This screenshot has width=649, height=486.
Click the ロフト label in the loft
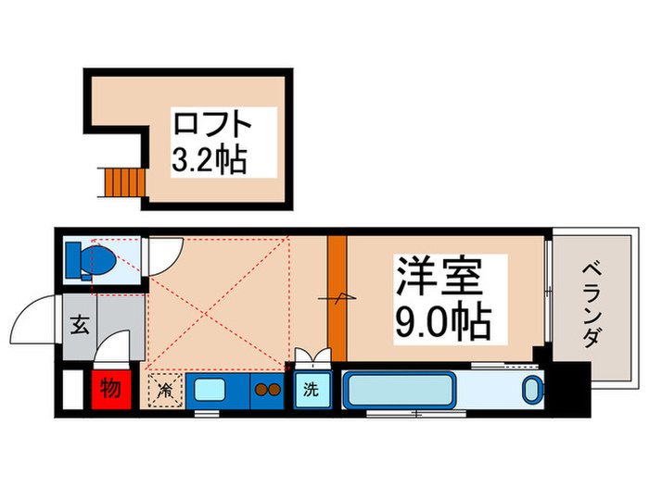223,124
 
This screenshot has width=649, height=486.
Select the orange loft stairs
120,182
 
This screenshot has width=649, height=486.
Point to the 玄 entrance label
80,325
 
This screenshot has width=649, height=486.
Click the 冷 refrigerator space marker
164,389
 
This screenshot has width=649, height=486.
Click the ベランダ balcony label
592,306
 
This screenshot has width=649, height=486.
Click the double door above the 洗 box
310,355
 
